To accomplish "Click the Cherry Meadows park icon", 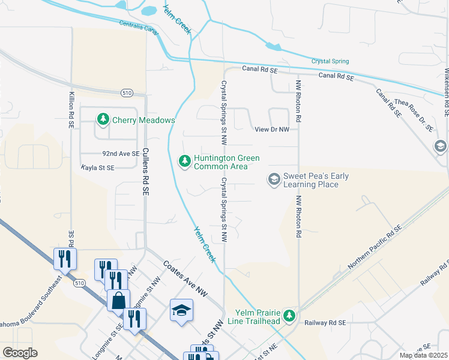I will (104, 119).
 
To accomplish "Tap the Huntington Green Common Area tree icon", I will (185, 160).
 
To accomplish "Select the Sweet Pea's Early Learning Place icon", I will (274, 179).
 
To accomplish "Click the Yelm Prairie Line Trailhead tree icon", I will (289, 315).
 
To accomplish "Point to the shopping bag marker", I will (119, 300).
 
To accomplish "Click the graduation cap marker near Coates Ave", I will (181, 310).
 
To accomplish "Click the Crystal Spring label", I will (330, 61).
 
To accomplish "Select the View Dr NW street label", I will (272, 129).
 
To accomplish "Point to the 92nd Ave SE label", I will (121, 154).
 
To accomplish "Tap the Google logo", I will (20, 353).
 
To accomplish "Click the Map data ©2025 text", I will (423, 355).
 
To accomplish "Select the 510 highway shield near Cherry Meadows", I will (127, 92).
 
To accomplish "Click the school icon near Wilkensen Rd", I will (440, 146).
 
